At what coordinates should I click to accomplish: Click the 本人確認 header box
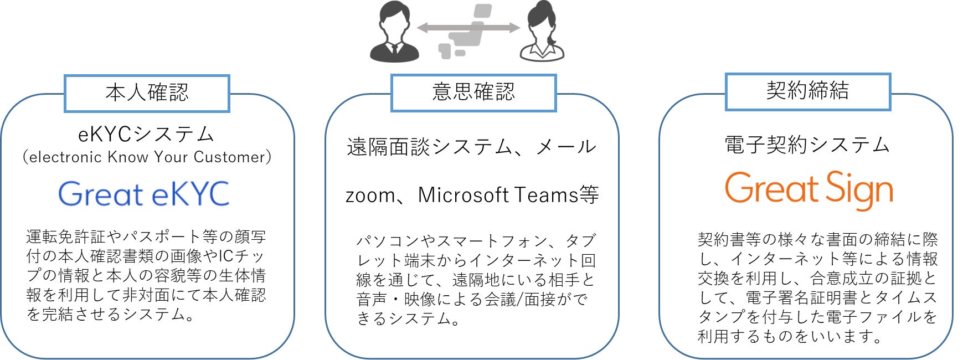click(x=147, y=93)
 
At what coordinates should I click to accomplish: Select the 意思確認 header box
click(x=473, y=92)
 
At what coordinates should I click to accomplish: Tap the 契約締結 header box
click(x=807, y=91)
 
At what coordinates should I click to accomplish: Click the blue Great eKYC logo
click(x=143, y=194)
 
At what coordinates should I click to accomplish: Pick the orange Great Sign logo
click(x=808, y=190)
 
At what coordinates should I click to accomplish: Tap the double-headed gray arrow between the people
click(x=468, y=28)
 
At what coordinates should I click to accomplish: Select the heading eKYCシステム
click(x=146, y=134)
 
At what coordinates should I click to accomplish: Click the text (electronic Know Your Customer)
click(x=147, y=157)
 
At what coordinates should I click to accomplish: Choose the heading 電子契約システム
click(x=807, y=145)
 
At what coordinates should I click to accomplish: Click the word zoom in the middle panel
click(x=365, y=196)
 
